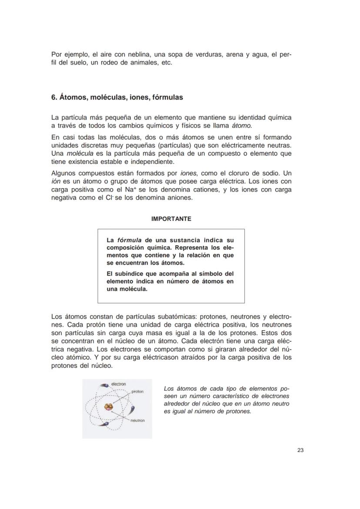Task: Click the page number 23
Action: pos(300,450)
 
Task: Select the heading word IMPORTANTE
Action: pos(171,219)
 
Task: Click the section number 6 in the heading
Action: pos(53,97)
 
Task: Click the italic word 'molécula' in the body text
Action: pos(80,154)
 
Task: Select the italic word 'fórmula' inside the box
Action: pos(130,240)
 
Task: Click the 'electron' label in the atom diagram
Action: pos(119,384)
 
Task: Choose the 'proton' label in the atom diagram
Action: pos(137,392)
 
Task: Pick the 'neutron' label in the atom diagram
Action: pos(137,420)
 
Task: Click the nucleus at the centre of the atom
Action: pos(108,408)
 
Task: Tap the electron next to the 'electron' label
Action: pos(104,385)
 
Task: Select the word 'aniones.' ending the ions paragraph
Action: pos(178,198)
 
